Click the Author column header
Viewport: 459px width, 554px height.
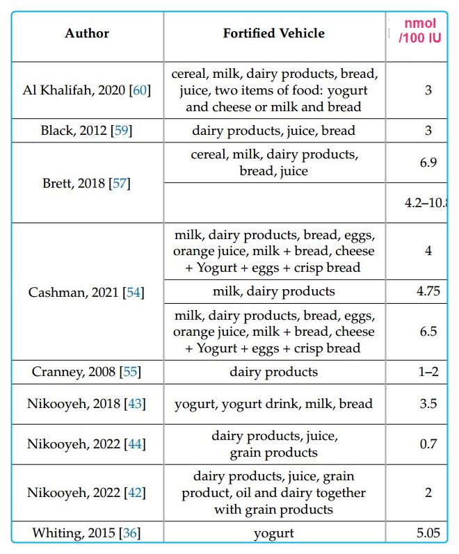[x=87, y=33]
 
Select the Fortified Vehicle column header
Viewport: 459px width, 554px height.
[x=274, y=33]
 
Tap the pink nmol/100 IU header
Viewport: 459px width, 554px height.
[x=420, y=31]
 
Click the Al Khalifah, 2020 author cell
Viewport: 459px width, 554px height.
[x=87, y=90]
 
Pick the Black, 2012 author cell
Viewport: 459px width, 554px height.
[x=87, y=131]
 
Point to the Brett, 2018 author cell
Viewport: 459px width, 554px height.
[x=87, y=184]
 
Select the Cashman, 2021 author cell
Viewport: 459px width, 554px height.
[x=87, y=293]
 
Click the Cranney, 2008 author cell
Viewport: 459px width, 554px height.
[x=87, y=372]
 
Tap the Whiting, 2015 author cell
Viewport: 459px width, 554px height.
[x=87, y=533]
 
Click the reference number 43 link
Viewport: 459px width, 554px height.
[x=131, y=404]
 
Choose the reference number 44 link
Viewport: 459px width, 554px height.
[x=131, y=444]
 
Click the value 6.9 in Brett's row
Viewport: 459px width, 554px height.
[x=428, y=163]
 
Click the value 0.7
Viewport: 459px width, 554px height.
[x=428, y=444]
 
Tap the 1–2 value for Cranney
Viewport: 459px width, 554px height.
[x=428, y=372]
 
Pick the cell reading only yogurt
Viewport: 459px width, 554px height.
[x=274, y=533]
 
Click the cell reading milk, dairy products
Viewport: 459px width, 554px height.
[x=274, y=292]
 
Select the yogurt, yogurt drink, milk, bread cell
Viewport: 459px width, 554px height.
[x=274, y=404]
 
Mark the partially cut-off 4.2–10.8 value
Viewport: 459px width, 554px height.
[x=426, y=204]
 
